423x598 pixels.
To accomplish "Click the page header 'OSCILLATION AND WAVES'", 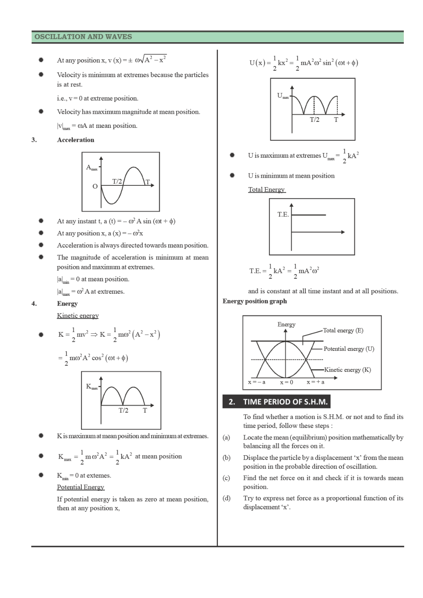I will tap(83, 37).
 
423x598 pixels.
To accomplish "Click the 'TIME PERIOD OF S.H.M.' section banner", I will tap(285, 402).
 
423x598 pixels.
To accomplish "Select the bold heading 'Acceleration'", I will tap(75, 140).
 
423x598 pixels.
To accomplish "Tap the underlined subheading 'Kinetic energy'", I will tap(78, 315).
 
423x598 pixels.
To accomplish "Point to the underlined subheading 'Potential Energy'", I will tap(81, 487).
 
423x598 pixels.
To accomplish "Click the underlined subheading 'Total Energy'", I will tap(267, 189).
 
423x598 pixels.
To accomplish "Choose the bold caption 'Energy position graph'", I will tap(255, 301).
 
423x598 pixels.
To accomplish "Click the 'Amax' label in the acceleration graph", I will tap(92, 168).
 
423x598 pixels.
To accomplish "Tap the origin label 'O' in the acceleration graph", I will tap(95, 186).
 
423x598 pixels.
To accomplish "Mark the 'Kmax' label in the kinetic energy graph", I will tap(92, 387).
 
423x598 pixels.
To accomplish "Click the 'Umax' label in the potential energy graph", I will tap(283, 95).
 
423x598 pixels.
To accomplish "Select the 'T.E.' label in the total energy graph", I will tap(283, 214).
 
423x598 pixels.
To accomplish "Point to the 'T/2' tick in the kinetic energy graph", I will tap(123, 410).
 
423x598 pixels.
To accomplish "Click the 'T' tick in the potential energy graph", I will tap(336, 120).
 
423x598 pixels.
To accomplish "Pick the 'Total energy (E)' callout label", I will tap(343, 330).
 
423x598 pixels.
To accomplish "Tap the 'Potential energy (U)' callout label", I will tap(349, 349).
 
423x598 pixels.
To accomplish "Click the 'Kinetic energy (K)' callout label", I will tap(348, 370).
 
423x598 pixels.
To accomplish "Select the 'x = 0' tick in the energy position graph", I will tap(287, 382).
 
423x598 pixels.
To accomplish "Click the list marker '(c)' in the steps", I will tap(226, 478).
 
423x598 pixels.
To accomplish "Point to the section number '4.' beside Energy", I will tap(34, 303).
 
